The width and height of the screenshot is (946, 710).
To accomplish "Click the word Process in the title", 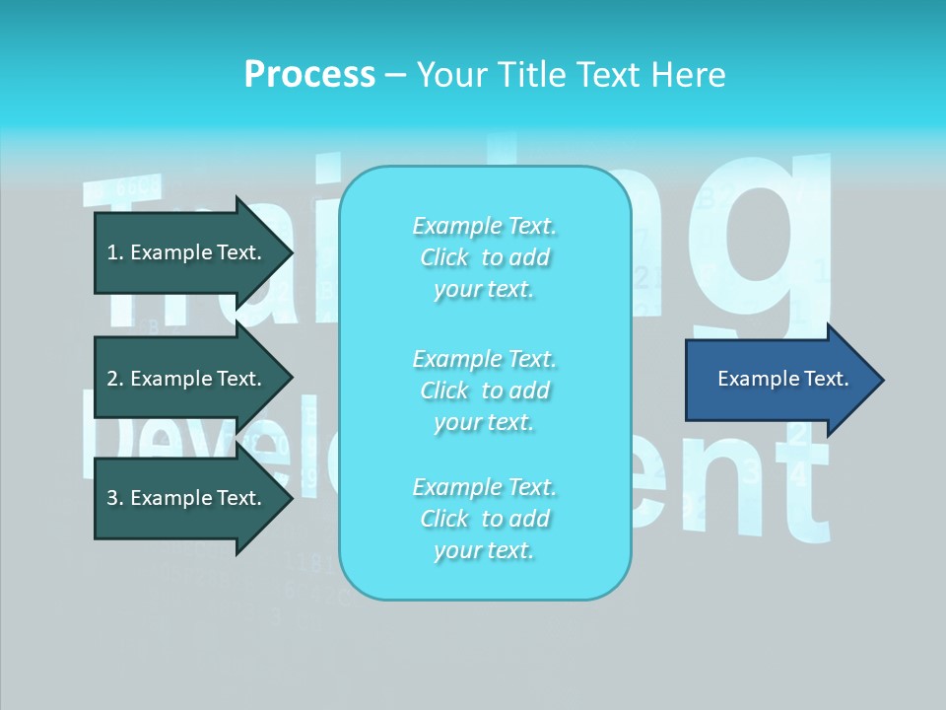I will click(x=309, y=75).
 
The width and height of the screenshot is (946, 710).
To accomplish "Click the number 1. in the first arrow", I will click(x=115, y=252).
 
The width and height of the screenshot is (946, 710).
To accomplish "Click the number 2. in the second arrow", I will click(x=115, y=379).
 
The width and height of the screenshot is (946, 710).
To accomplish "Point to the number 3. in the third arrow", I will click(x=115, y=498).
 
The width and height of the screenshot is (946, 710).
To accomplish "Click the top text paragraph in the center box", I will click(x=485, y=257).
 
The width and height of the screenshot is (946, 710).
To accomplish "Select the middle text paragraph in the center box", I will click(x=485, y=390).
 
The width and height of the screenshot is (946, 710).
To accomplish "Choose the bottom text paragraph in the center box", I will click(x=485, y=519).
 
